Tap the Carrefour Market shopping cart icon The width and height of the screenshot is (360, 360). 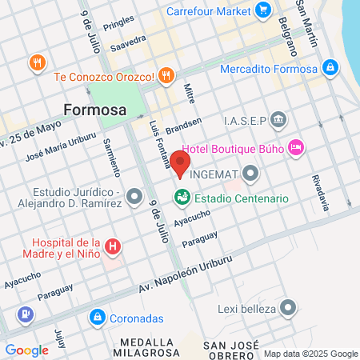(x=263, y=11)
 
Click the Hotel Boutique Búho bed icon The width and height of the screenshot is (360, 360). (x=295, y=147)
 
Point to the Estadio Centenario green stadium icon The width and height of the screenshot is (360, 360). (x=181, y=197)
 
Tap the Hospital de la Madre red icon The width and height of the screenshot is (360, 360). (x=114, y=245)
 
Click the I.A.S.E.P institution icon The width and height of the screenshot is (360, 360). (x=278, y=120)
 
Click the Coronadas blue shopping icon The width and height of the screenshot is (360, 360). (x=97, y=317)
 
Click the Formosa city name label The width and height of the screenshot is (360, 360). (x=95, y=110)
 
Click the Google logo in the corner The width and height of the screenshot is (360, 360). (x=26, y=350)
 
